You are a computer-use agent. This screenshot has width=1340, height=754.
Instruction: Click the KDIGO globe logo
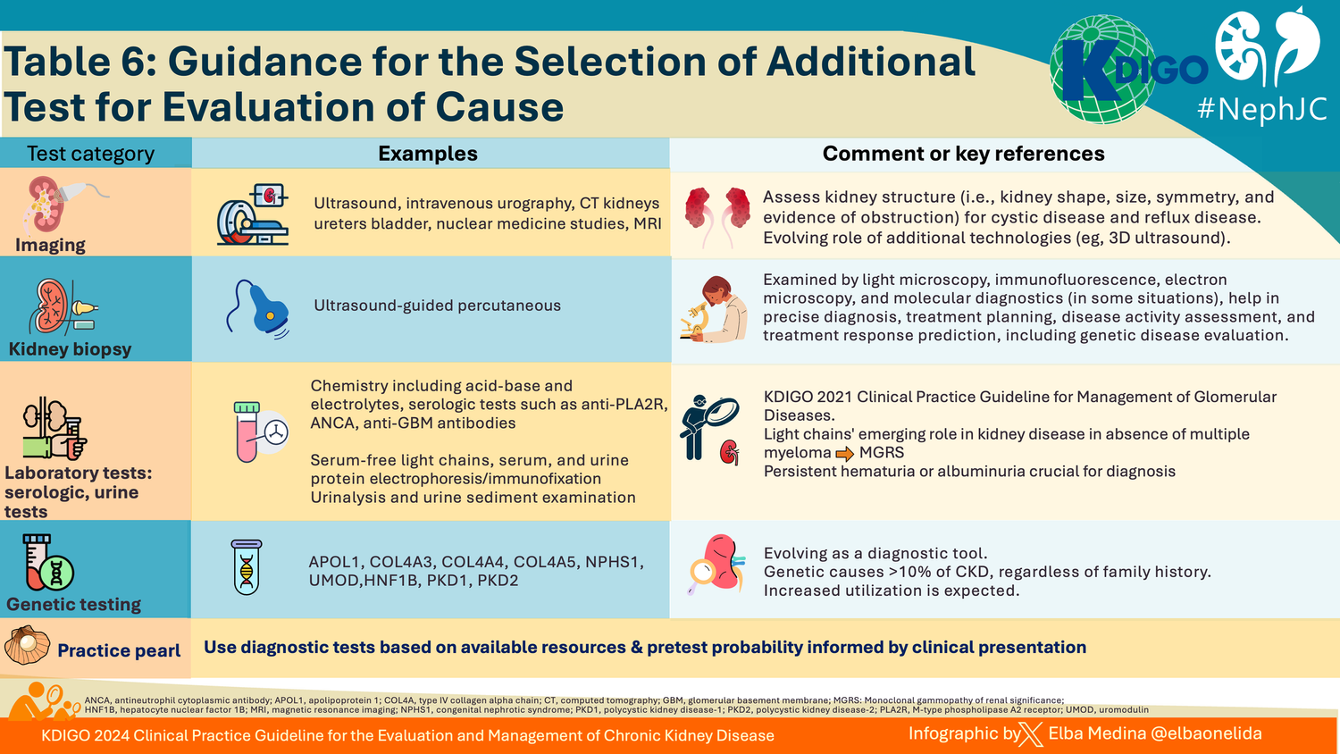coord(1102,70)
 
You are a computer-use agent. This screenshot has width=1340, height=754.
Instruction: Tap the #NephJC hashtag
coord(1261,109)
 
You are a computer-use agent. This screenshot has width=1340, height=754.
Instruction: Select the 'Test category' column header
coord(90,154)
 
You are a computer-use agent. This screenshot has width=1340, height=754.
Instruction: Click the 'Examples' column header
coord(427,154)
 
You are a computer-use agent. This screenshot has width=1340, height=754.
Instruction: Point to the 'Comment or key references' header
coord(963,154)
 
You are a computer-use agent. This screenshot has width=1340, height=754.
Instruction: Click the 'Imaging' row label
coord(50,245)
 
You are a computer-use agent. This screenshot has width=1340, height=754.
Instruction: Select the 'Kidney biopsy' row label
coord(70,348)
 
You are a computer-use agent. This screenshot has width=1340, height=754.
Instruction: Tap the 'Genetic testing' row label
coord(73,604)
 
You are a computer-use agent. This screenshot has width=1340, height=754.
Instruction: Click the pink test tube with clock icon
coord(261,431)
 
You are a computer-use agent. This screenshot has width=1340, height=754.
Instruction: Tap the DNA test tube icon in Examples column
coord(247,568)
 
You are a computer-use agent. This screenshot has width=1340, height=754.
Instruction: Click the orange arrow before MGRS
coord(844,454)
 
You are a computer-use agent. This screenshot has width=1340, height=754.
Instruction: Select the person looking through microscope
coord(712,309)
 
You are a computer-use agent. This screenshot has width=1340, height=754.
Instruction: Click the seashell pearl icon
coord(27,646)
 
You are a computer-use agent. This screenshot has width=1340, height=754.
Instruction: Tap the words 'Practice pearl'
coord(119,650)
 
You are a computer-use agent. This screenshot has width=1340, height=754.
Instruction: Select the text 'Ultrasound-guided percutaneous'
coord(437,306)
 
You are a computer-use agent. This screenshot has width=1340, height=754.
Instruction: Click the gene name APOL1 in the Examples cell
coord(334,562)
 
